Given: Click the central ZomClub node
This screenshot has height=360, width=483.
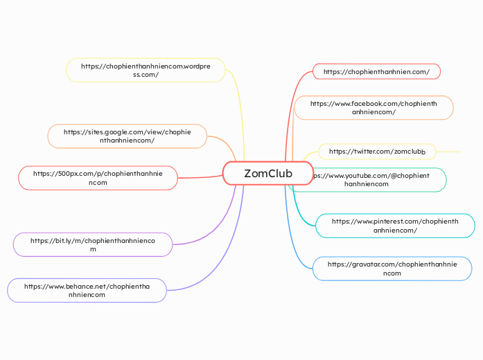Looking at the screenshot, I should click(267, 173).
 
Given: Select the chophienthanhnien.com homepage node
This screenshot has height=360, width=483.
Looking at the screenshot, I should click(376, 71).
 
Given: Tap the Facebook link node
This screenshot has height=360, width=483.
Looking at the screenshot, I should click(374, 107).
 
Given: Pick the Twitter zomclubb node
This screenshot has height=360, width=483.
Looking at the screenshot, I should click(377, 151).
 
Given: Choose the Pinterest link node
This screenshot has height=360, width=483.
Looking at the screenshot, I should click(395, 226).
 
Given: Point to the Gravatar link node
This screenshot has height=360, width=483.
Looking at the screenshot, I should click(392, 269).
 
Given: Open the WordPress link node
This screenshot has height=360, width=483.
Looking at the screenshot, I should click(146, 70).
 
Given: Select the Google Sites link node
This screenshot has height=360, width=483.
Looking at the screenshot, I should click(127, 136).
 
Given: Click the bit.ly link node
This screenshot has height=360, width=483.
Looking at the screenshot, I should click(92, 244).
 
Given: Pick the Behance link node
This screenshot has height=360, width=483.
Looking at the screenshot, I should click(87, 290).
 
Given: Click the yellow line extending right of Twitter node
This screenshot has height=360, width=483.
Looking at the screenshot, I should click(449, 151).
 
